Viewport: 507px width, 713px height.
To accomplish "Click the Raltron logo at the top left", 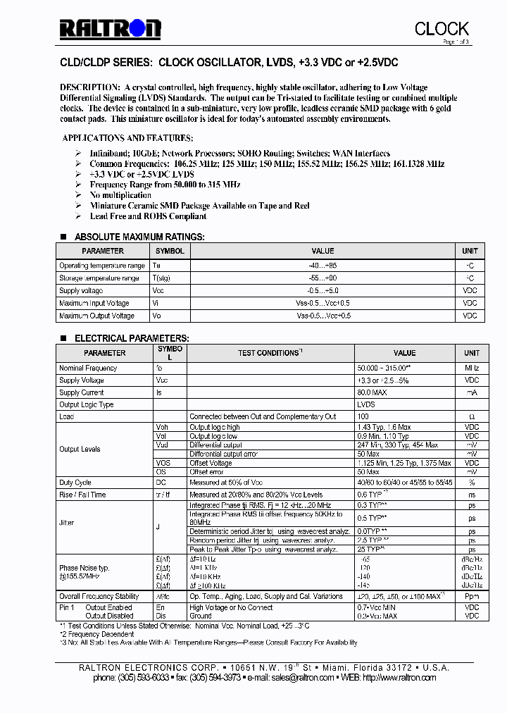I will [x=110, y=28].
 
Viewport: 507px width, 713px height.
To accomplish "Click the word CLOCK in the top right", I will [x=442, y=28].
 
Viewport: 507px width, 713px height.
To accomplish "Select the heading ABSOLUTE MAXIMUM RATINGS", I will [x=139, y=237].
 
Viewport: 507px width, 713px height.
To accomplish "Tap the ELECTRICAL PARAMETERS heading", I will [x=132, y=338].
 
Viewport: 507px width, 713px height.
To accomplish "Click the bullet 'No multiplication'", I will [x=120, y=195].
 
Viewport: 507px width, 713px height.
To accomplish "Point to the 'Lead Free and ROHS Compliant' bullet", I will [x=148, y=216].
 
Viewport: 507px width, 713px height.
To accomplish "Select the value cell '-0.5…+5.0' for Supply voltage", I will [x=323, y=291].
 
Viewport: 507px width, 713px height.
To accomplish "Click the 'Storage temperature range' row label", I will [x=99, y=278].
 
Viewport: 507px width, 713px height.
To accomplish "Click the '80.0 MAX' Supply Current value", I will [x=373, y=392].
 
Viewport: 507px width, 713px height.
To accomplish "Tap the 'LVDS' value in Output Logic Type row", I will [x=366, y=405].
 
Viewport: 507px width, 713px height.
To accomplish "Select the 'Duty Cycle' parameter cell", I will [x=75, y=483].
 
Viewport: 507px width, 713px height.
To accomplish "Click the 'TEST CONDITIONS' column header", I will [x=270, y=353].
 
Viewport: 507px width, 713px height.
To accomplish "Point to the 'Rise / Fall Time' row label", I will [x=82, y=495].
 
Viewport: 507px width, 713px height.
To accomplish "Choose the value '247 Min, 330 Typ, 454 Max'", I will [x=398, y=445].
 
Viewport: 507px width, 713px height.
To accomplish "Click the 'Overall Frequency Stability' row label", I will [x=99, y=596].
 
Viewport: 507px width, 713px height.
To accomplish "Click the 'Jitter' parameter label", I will [x=67, y=523].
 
